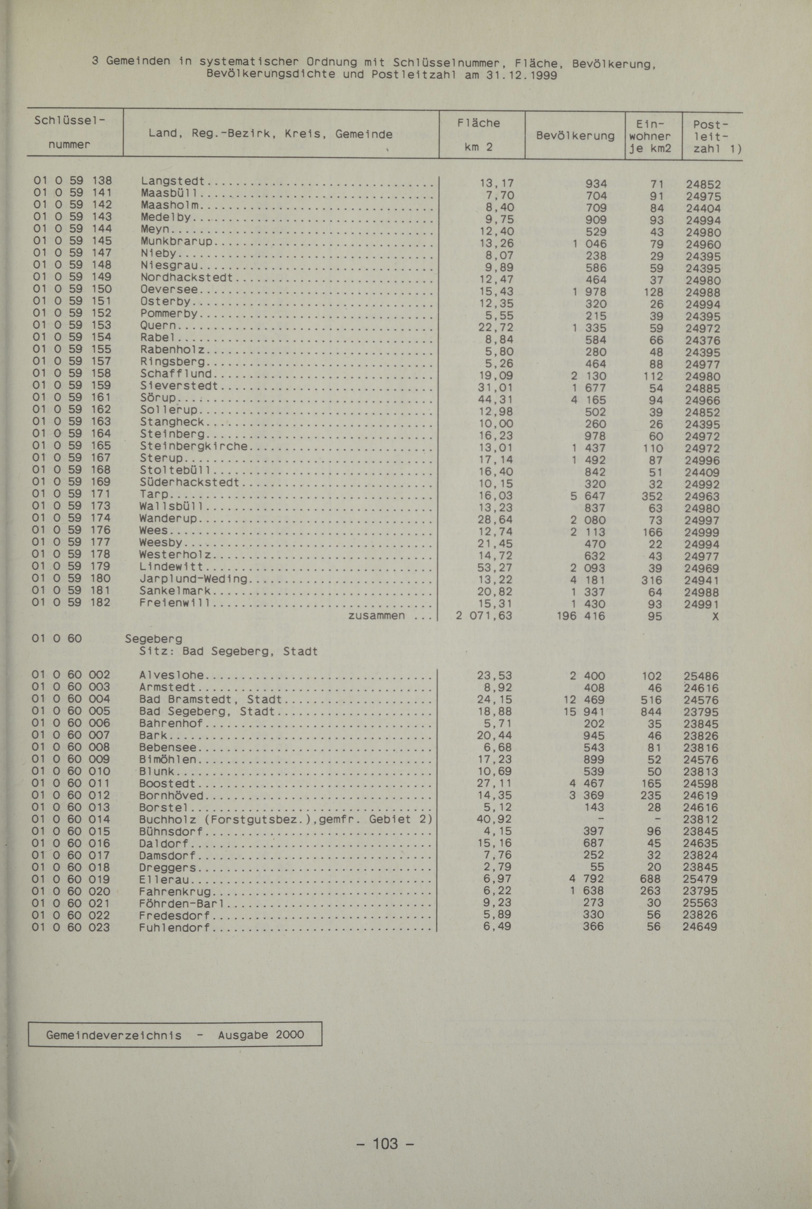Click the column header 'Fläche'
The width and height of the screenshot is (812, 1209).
479,123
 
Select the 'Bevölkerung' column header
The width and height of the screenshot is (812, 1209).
575,136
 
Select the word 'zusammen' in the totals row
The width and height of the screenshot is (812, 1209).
376,616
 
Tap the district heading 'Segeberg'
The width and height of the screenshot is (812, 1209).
154,639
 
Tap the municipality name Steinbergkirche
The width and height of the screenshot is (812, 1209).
194,446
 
